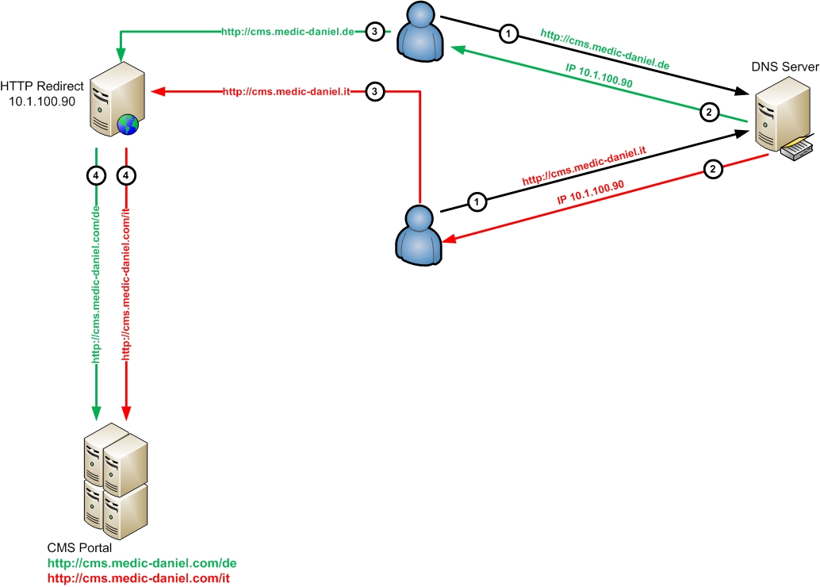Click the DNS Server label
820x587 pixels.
pyautogui.click(x=785, y=67)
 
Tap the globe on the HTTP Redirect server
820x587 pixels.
pyautogui.click(x=126, y=125)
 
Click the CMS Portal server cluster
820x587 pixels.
pyautogui.click(x=116, y=479)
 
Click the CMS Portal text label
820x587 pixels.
pyautogui.click(x=79, y=548)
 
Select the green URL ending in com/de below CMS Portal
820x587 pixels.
pyautogui.click(x=142, y=563)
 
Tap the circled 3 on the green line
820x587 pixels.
pyautogui.click(x=376, y=32)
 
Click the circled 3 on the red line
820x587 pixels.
pyautogui.click(x=376, y=92)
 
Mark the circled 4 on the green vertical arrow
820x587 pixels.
pyautogui.click(x=96, y=175)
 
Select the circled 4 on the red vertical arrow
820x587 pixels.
pyautogui.click(x=125, y=175)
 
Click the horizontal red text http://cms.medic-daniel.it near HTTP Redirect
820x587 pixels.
pyautogui.click(x=286, y=92)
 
